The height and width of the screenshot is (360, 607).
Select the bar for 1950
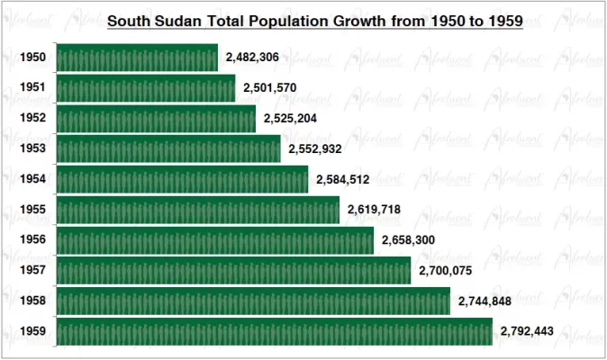[137, 58]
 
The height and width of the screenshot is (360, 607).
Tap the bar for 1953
[168, 148]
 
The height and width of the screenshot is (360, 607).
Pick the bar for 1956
[215, 240]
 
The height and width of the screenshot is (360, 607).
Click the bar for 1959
[275, 331]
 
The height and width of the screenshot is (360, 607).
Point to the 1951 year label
[32, 88]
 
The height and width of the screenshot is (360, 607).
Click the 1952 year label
[32, 118]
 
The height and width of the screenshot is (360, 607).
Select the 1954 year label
[32, 179]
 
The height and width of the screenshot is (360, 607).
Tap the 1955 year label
[32, 210]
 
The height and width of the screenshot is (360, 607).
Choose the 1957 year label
[32, 270]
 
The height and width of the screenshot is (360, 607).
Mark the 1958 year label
[32, 301]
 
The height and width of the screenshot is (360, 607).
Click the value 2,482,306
[252, 58]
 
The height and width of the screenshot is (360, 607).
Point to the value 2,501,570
[270, 88]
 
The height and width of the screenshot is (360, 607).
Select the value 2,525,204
[290, 118]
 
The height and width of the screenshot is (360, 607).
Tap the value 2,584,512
[343, 179]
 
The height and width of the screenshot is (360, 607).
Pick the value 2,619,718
[374, 210]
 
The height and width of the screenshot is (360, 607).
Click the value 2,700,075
[445, 270]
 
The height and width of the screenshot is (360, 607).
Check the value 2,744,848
[485, 301]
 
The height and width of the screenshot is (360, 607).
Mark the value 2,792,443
[528, 331]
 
